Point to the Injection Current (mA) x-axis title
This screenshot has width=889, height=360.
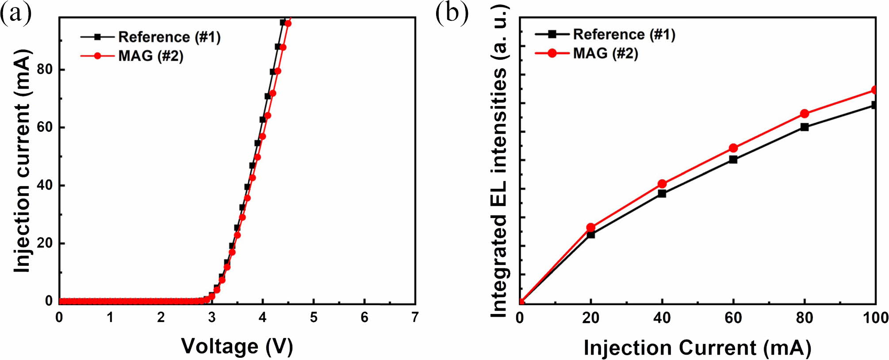697,348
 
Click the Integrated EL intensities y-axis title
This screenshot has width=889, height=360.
499,161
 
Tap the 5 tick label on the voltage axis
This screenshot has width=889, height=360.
314,317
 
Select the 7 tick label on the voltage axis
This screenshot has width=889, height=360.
414,317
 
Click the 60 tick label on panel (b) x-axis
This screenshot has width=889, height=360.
733,318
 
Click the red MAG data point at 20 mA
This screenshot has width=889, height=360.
591,227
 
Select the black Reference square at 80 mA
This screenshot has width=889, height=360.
805,127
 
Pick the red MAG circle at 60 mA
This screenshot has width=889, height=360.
733,148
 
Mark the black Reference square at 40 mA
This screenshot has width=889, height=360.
662,193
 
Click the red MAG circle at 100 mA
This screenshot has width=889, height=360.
874,90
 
